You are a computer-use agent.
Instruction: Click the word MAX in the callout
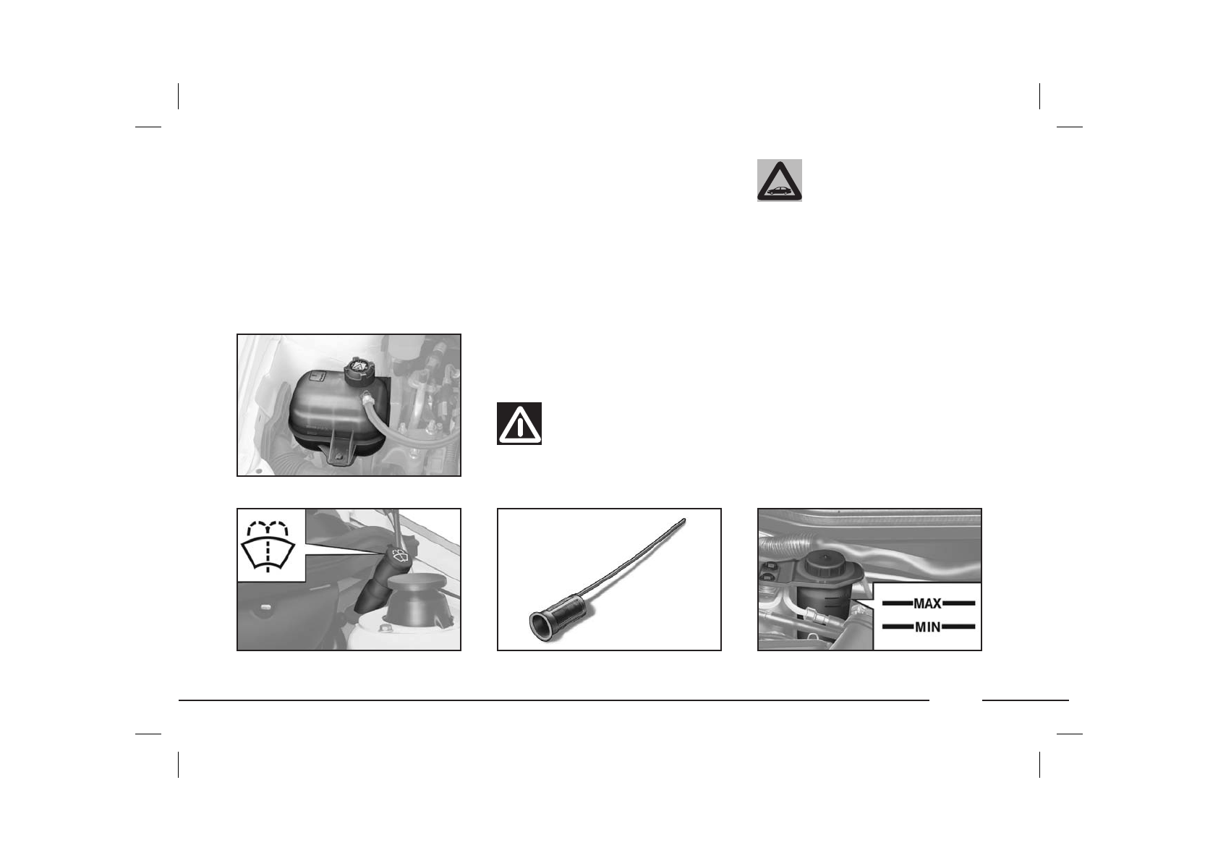tap(927, 603)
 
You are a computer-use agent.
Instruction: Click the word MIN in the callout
tap(927, 627)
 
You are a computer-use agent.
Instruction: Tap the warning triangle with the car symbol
tap(779, 181)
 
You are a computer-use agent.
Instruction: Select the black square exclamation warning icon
tap(519, 423)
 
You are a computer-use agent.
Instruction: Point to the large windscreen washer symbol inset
tap(271, 546)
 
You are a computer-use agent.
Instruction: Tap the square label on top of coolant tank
tap(315, 376)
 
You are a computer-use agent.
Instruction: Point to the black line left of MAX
tap(895, 603)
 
